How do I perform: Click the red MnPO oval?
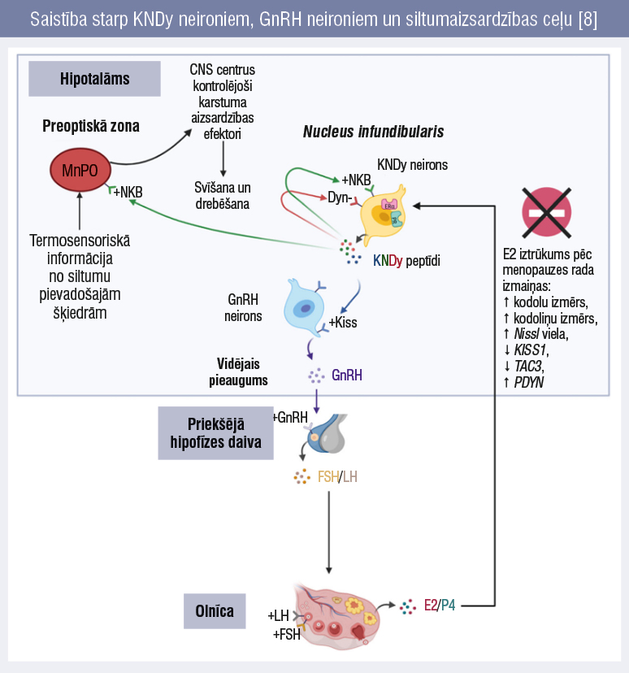pyautogui.click(x=79, y=169)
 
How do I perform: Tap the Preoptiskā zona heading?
pyautogui.click(x=91, y=126)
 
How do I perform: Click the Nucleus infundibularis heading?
pyautogui.click(x=373, y=132)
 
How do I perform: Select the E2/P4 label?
pyautogui.click(x=440, y=606)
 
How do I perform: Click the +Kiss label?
pyautogui.click(x=342, y=323)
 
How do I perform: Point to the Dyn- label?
pyautogui.click(x=339, y=197)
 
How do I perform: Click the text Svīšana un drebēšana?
pyautogui.click(x=222, y=196)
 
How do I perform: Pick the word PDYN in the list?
pyautogui.click(x=529, y=380)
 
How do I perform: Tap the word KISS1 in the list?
pyautogui.click(x=531, y=350)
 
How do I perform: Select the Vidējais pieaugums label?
pyautogui.click(x=242, y=371)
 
